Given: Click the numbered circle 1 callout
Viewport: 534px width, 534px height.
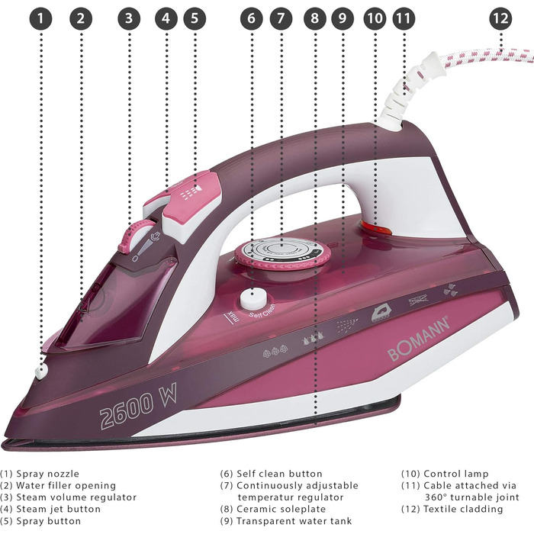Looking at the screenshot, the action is click(41, 18).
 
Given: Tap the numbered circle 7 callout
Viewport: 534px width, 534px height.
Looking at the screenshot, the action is click(281, 18).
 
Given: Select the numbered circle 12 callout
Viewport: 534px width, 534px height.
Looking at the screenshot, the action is click(500, 18).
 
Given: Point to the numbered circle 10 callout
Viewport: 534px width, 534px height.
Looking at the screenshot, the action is click(375, 18).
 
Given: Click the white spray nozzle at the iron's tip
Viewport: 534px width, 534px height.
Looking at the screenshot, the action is click(41, 372).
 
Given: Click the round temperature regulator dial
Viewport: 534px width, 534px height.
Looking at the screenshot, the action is click(282, 253).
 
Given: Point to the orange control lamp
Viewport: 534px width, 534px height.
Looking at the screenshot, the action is click(375, 227).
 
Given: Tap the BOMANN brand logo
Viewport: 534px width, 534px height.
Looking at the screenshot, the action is click(420, 339).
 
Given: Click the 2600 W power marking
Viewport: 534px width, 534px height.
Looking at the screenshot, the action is click(139, 406).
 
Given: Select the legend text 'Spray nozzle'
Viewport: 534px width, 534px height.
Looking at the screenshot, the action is click(47, 474).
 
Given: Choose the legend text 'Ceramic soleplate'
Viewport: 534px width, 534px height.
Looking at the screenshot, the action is click(281, 509).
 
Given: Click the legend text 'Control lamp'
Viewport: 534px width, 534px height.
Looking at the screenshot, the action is click(455, 474).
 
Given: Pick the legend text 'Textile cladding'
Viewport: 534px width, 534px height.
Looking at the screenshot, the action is click(463, 509).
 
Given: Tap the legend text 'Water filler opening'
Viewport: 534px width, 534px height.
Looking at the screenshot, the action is click(66, 486).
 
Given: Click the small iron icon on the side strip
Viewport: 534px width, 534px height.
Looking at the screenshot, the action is click(381, 314).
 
